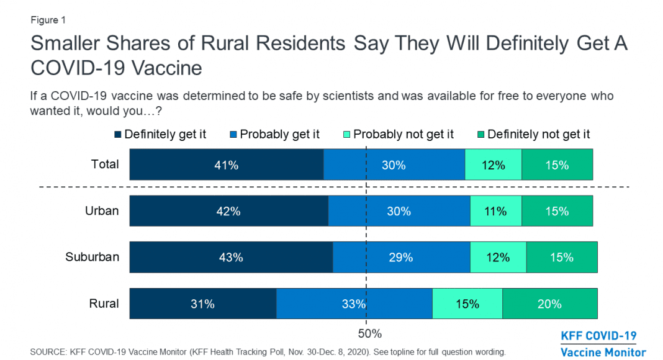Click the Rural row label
[103, 304]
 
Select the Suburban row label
[92, 257]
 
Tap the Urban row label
[102, 210]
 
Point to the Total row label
[105, 164]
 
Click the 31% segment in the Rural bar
[202, 304]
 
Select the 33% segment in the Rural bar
[354, 304]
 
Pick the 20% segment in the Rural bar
[549, 304]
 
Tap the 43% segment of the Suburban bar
[231, 257]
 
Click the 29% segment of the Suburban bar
[401, 257]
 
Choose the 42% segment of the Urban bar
[228, 211]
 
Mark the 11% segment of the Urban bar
[495, 211]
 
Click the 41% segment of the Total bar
[227, 164]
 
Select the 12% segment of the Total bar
[493, 164]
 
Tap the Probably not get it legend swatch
[347, 134]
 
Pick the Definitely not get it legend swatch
[481, 134]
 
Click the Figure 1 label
[48, 20]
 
